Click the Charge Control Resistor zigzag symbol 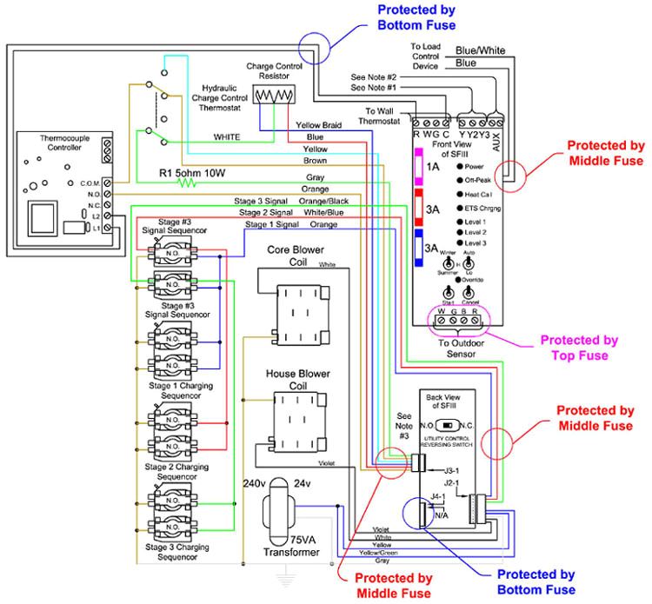pos(274,98)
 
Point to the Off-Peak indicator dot pos(459,180)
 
